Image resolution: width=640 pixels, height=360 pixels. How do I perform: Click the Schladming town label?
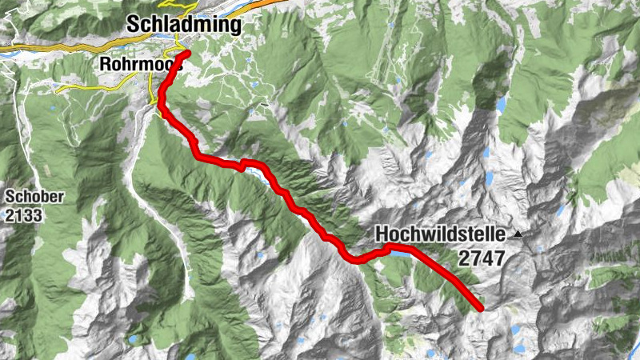pyautogui.click(x=183, y=26)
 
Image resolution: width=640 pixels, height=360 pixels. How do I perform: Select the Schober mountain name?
pyautogui.click(x=30, y=197)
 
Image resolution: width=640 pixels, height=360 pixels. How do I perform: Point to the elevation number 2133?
pyautogui.click(x=24, y=214)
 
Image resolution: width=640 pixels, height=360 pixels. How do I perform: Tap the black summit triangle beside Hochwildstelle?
pyautogui.click(x=518, y=234)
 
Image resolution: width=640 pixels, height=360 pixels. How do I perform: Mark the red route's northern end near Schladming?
pyautogui.click(x=188, y=53)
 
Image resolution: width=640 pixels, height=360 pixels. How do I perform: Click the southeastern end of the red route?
pyautogui.click(x=481, y=308)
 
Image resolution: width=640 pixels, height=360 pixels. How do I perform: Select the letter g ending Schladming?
pyautogui.click(x=234, y=27)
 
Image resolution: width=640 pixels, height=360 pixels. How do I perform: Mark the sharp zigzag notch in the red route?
pyautogui.click(x=242, y=166)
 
